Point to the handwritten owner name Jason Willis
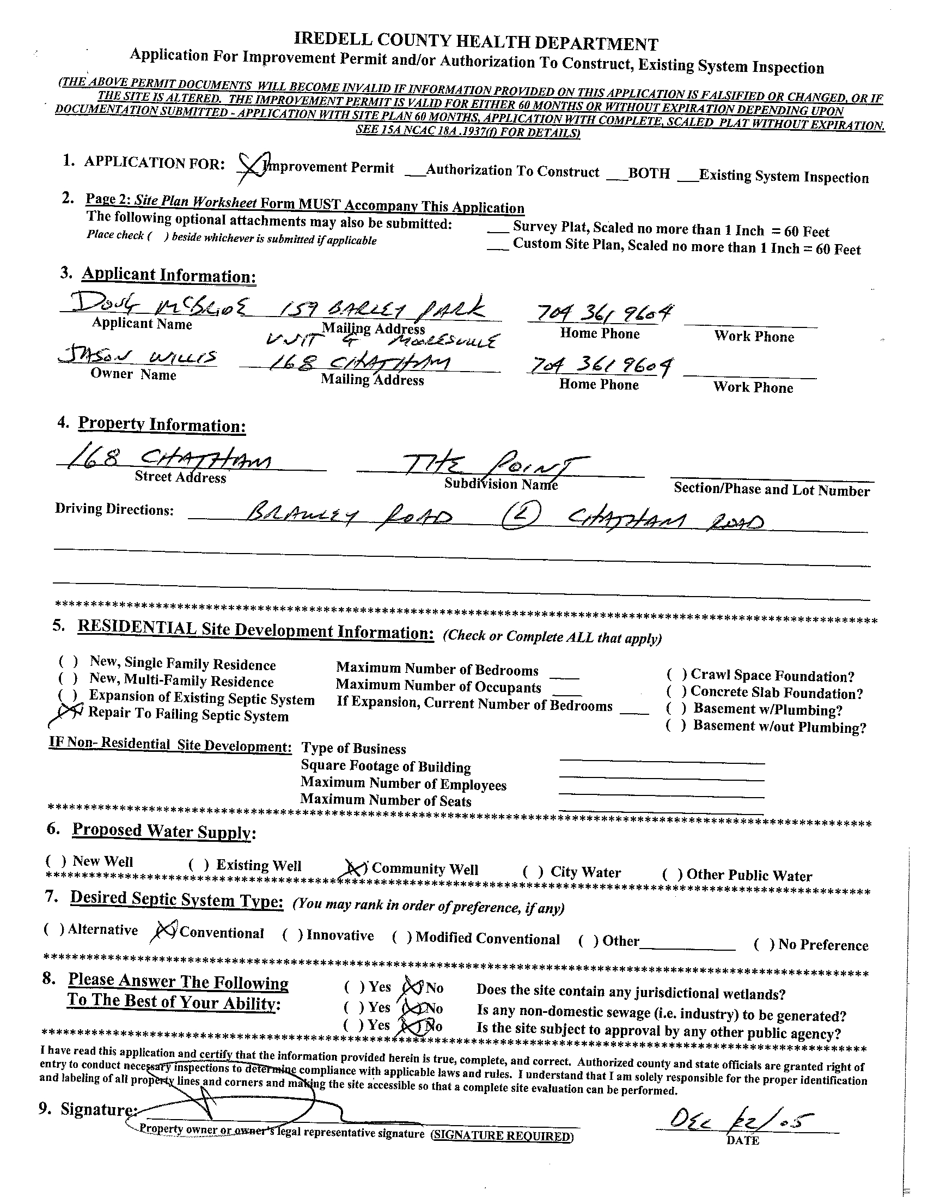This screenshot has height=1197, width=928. click(x=137, y=357)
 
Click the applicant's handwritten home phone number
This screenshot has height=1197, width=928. click(x=600, y=313)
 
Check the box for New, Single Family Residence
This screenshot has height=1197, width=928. click(x=69, y=661)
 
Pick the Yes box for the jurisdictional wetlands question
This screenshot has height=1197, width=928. click(x=354, y=987)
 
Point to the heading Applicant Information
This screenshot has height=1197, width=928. click(x=169, y=275)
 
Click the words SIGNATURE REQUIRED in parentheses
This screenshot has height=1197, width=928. click(x=502, y=1136)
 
